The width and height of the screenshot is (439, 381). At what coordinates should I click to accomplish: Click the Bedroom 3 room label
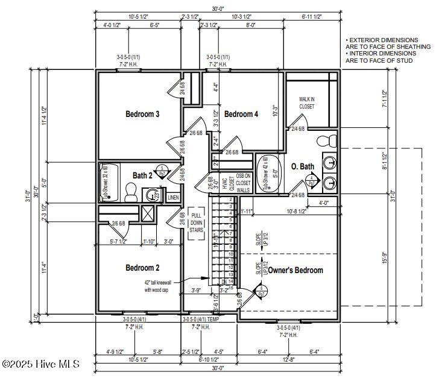142,114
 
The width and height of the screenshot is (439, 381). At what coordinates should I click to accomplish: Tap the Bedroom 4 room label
241,114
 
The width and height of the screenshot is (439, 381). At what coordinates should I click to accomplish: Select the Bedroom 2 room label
142,268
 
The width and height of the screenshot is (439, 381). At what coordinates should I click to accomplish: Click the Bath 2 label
143,175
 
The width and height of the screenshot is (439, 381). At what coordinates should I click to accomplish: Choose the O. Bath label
302,166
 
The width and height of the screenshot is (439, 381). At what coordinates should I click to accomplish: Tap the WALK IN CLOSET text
307,102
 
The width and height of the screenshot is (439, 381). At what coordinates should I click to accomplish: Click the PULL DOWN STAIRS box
197,222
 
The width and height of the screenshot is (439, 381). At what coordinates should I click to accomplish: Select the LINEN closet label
173,197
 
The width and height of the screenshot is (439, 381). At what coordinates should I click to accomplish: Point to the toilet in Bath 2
130,192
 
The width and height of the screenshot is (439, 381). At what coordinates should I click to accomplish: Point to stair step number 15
231,288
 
